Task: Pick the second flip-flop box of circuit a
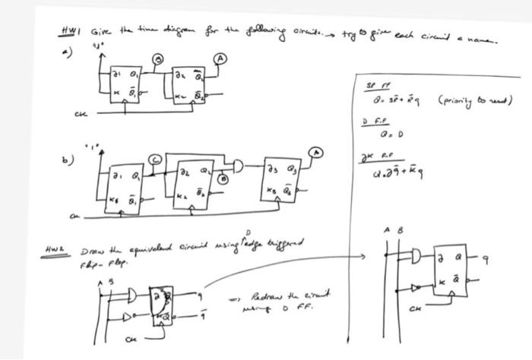tap(189, 83)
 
